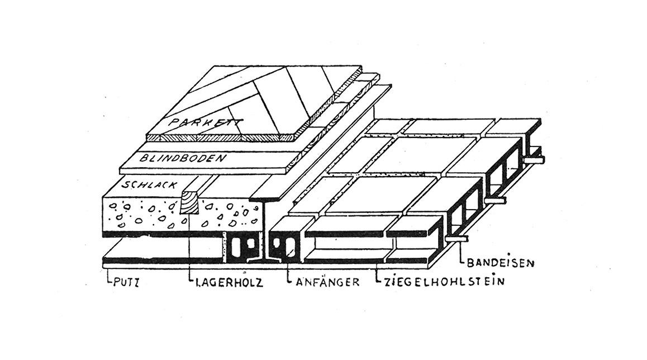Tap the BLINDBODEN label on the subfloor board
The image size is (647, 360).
click(183, 158)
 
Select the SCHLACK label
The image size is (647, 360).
click(150, 184)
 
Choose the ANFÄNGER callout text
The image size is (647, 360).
click(327, 282)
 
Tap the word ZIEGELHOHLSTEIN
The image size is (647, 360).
click(444, 282)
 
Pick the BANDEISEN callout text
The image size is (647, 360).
click(501, 263)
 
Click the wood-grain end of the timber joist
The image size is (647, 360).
click(190, 202)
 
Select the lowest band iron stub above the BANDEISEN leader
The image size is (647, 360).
click(456, 238)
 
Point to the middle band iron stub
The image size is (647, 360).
click(494, 201)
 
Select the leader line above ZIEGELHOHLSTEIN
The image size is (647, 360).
click(377, 274)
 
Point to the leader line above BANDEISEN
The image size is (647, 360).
click(460, 253)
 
